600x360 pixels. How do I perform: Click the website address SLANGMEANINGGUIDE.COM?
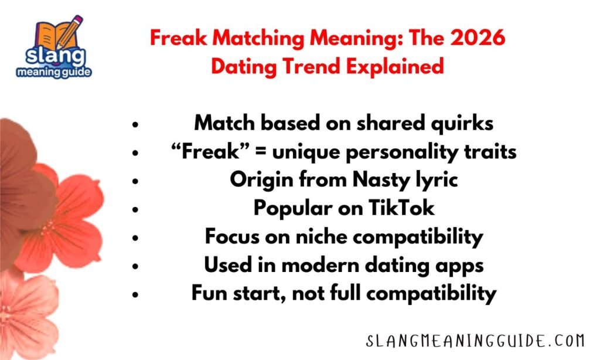click(474, 341)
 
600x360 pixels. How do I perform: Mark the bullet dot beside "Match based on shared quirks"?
click(135, 125)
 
